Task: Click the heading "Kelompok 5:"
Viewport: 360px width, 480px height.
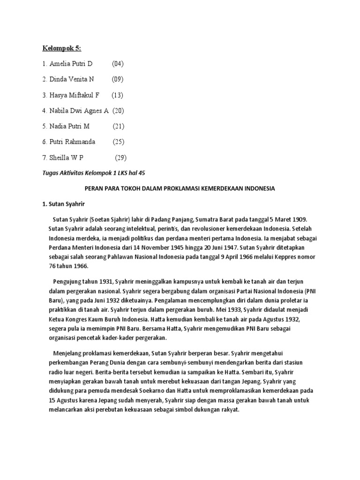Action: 62,48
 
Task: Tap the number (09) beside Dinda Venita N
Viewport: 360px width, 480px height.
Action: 118,79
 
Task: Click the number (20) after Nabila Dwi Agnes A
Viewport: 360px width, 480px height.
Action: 118,111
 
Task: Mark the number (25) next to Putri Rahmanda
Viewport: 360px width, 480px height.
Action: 119,142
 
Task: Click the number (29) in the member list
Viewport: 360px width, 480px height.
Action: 121,157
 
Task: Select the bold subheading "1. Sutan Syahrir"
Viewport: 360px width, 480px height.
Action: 63,204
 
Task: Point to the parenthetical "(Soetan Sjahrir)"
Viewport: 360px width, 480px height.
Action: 112,219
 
